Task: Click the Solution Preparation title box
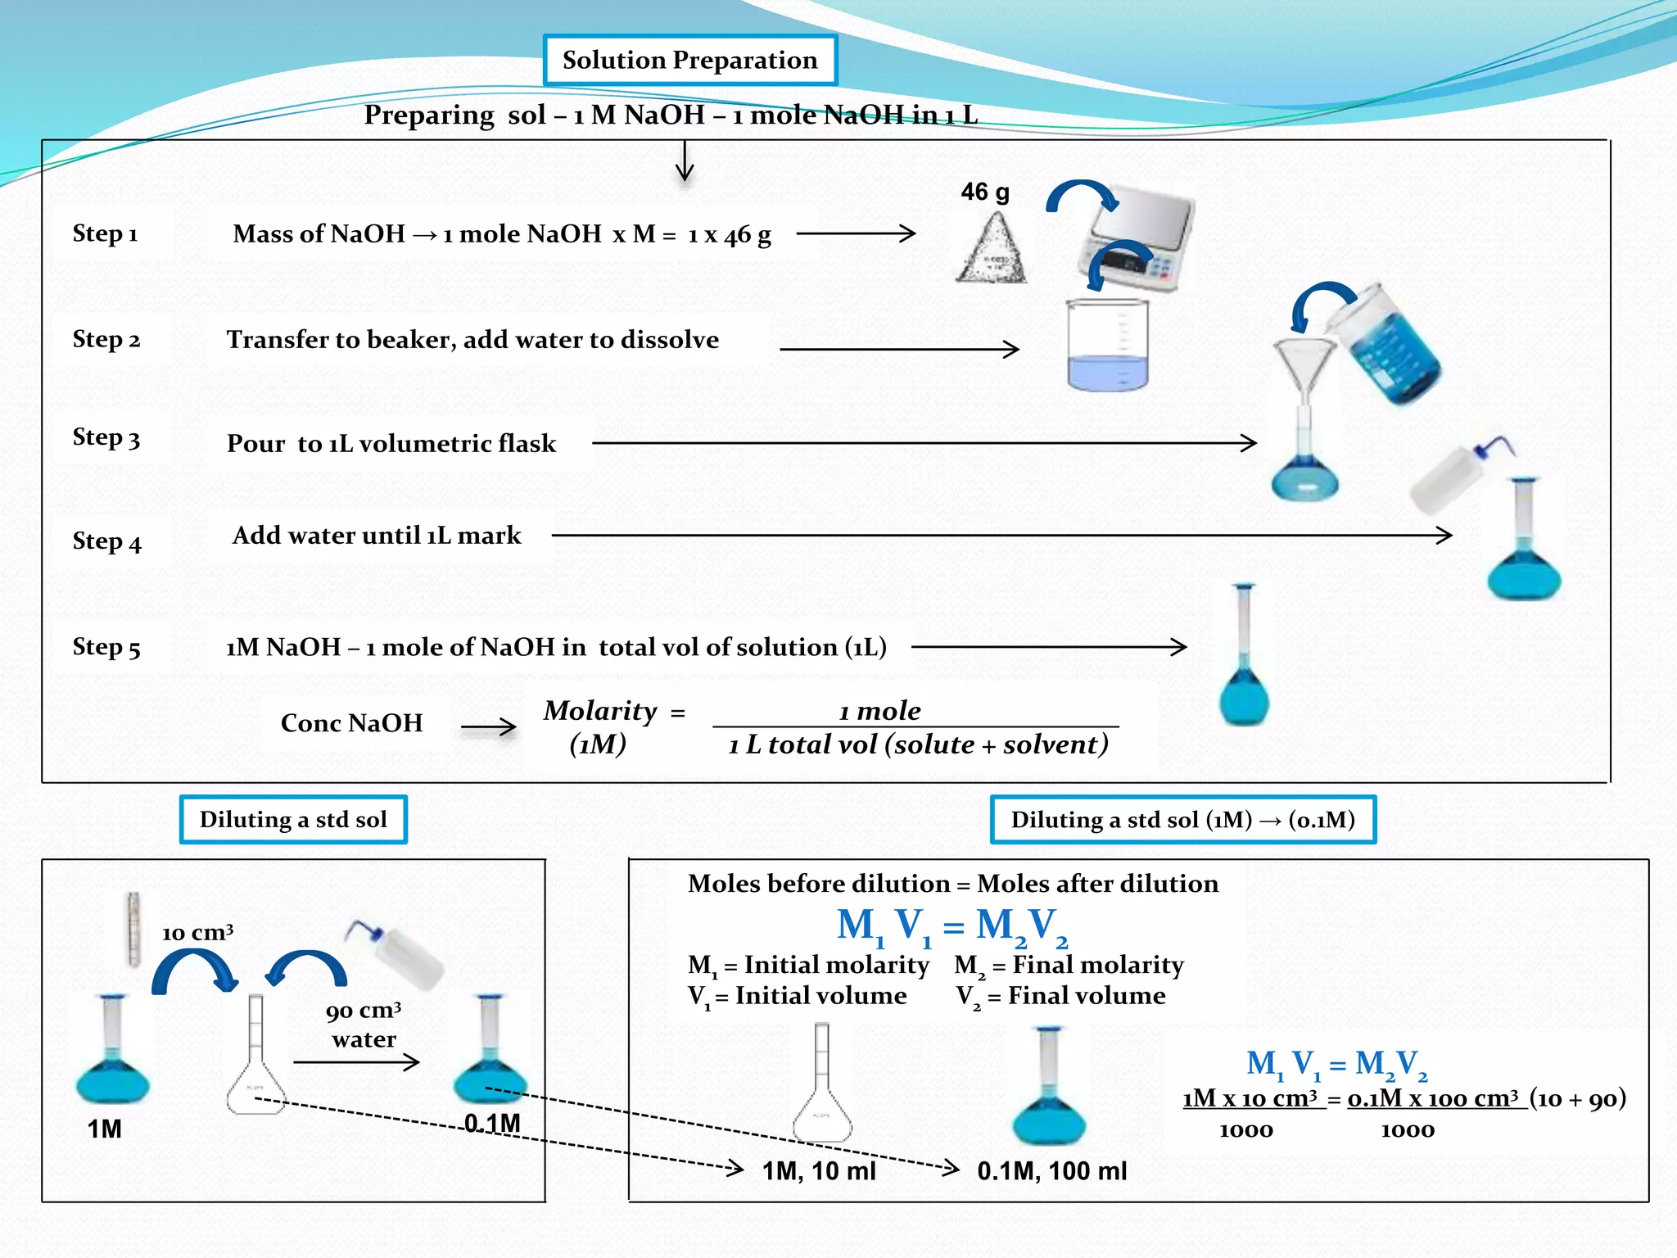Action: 689,60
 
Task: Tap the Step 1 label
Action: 105,233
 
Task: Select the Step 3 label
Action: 106,437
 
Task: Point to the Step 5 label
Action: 106,647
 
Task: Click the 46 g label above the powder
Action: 984,192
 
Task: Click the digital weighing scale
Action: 1137,238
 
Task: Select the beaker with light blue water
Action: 1107,346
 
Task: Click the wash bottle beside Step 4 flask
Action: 1454,475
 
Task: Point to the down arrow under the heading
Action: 685,161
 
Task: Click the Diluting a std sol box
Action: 293,820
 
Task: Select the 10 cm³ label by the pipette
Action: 197,933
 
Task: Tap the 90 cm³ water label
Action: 364,1025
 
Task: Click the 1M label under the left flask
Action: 104,1129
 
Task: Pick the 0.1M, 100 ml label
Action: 1051,1171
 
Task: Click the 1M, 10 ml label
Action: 819,1171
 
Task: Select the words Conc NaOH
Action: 351,723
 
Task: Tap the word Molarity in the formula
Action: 600,711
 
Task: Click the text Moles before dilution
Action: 819,884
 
